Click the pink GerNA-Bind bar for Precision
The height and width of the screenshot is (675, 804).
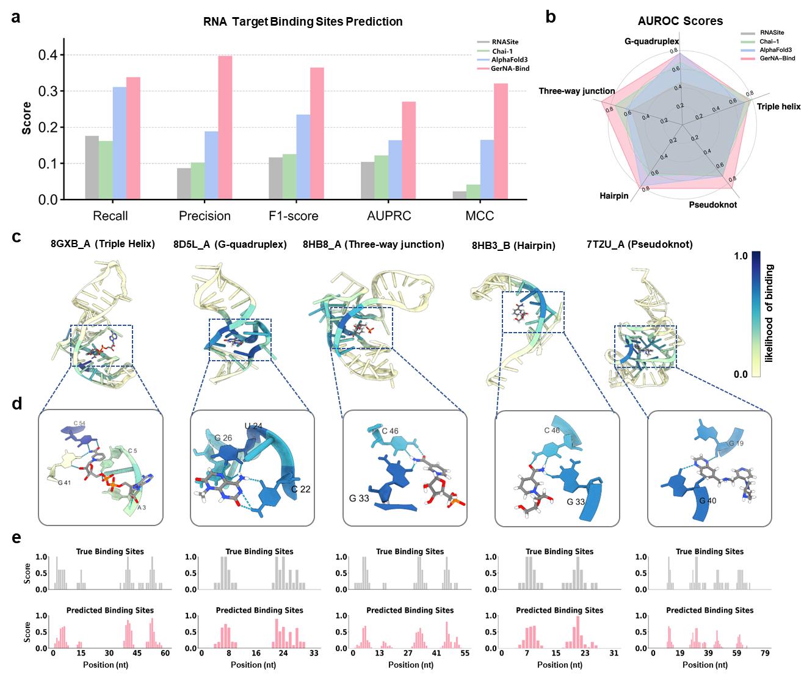(225, 128)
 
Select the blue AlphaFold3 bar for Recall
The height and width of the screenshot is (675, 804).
(120, 143)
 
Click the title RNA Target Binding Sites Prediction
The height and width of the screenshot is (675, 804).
(303, 22)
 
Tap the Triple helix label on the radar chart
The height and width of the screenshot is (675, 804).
(778, 107)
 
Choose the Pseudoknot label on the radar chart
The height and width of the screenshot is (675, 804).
(712, 205)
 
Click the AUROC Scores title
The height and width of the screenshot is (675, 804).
(679, 21)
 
